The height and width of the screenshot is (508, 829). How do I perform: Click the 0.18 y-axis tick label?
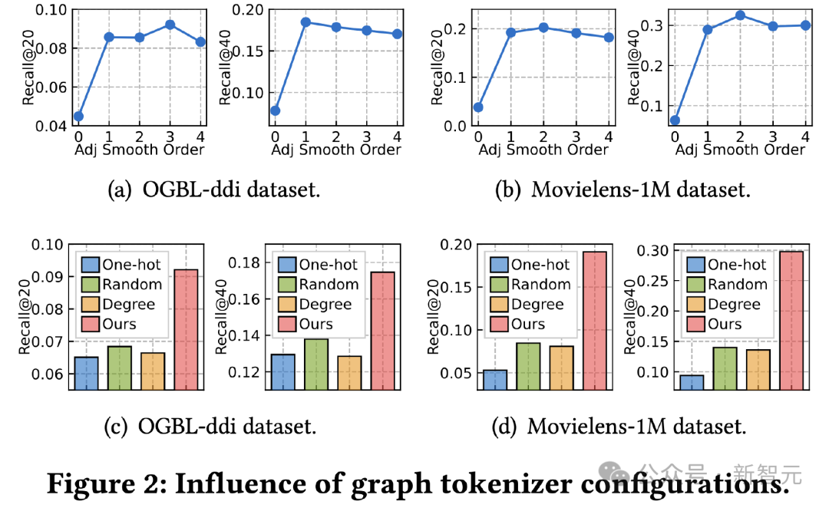[x=243, y=262]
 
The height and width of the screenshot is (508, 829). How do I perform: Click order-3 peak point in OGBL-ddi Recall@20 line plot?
[x=170, y=25]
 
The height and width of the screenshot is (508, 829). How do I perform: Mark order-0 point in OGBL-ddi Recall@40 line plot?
[x=275, y=111]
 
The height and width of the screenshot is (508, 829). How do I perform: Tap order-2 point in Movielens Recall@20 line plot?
[x=543, y=28]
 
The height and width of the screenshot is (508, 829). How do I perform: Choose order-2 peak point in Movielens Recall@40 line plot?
[x=740, y=15]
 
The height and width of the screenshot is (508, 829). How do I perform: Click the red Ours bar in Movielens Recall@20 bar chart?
[x=594, y=321]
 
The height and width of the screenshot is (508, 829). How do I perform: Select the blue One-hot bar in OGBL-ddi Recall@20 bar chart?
[x=86, y=373]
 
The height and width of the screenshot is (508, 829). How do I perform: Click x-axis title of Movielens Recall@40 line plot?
[x=740, y=150]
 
